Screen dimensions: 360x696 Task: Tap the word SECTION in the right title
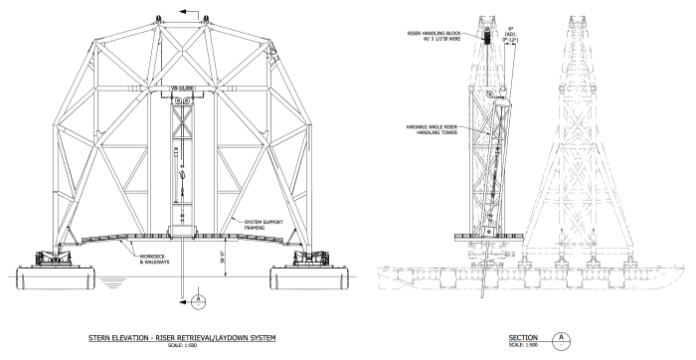point(523,338)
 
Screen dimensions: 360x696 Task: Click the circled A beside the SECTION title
point(565,339)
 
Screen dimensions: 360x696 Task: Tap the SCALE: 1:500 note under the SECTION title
point(522,346)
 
